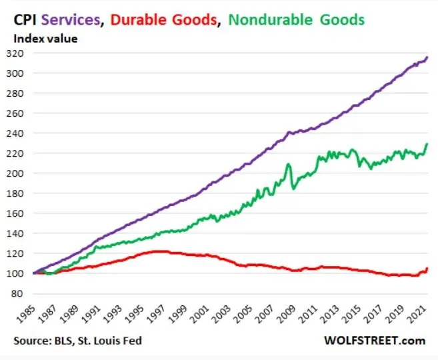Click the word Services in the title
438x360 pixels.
(x=69, y=20)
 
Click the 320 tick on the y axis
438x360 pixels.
(x=23, y=53)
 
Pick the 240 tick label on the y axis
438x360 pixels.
(x=23, y=133)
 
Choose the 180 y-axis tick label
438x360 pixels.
(x=23, y=193)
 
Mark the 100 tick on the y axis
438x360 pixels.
(x=23, y=273)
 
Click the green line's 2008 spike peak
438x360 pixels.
(x=289, y=164)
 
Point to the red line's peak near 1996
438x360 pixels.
(x=157, y=251)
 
